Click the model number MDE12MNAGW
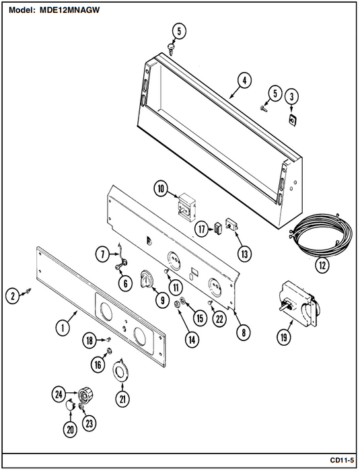point(70,10)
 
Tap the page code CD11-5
point(342,460)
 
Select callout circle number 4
point(244,81)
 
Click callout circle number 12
point(322,265)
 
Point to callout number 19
point(284,337)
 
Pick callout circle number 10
point(161,189)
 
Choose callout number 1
point(63,328)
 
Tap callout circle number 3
point(291,96)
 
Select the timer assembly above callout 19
point(299,304)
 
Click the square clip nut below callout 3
point(291,120)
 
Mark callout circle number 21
point(122,399)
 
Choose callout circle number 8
point(244,332)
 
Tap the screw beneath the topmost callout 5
point(171,49)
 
